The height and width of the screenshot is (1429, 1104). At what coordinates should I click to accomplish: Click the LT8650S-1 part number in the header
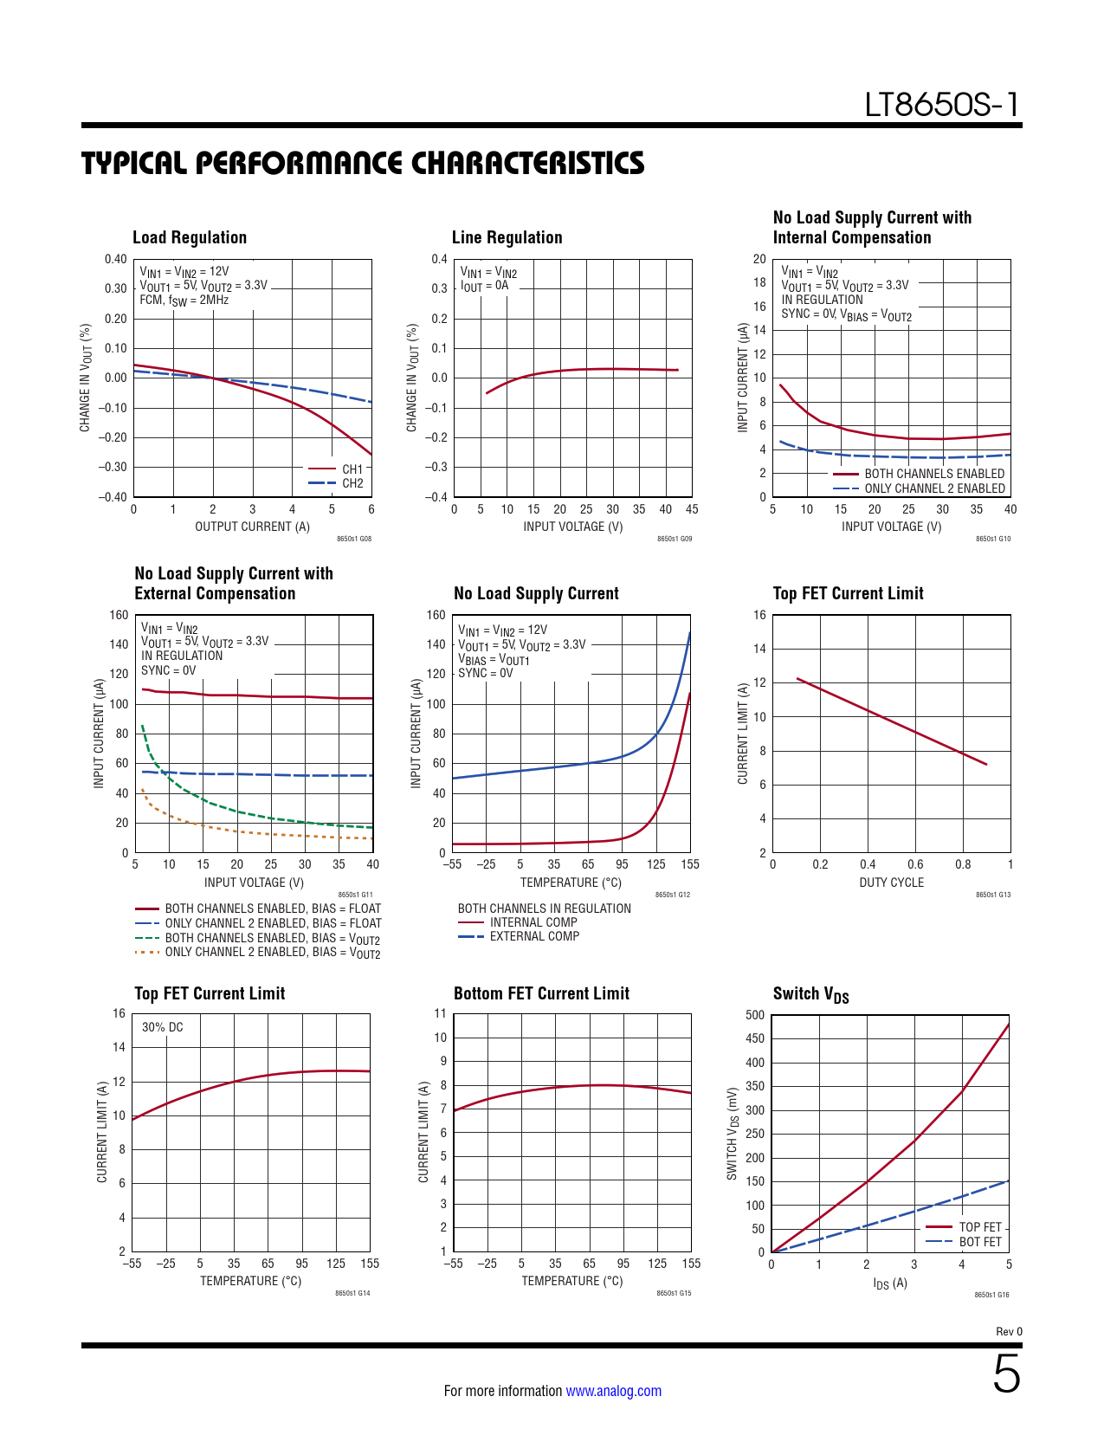pos(942,106)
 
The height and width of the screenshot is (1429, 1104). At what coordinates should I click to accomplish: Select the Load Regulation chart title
pos(190,237)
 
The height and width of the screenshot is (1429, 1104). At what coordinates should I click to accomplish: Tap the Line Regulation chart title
pos(507,237)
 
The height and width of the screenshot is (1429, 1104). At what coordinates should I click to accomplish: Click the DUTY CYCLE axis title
pos(891,883)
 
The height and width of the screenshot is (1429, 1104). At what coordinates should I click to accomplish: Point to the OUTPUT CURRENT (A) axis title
pos(252,527)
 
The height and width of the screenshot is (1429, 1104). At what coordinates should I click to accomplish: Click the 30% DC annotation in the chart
pos(163,1027)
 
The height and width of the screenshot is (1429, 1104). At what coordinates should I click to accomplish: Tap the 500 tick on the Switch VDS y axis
pos(755,1015)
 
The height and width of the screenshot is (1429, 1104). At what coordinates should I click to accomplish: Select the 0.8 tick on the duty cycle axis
pos(963,864)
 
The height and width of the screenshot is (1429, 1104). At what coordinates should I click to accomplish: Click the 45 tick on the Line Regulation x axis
pos(692,509)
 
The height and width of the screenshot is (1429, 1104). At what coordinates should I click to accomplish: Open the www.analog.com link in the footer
pos(613,1391)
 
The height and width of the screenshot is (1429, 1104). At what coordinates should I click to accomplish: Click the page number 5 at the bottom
pos(1006,1374)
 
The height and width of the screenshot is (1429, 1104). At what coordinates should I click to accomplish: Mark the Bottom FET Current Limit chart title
pos(541,993)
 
